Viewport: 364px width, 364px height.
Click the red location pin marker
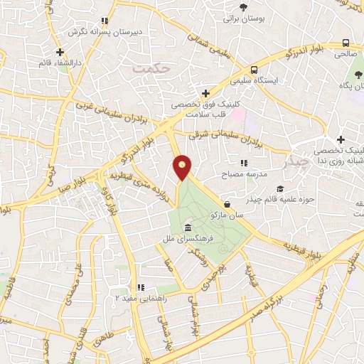pyautogui.click(x=183, y=168)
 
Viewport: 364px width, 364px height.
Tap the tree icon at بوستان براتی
pyautogui.click(x=245, y=8)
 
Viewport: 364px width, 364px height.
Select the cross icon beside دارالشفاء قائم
pyautogui.click(x=60, y=52)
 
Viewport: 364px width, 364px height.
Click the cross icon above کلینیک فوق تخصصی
pyautogui.click(x=205, y=92)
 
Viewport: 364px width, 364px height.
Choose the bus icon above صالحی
pyautogui.click(x=346, y=43)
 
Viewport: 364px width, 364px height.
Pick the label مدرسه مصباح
pyautogui.click(x=242, y=174)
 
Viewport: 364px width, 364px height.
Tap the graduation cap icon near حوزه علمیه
pyautogui.click(x=281, y=189)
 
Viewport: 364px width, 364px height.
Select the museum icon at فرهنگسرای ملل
pyautogui.click(x=188, y=227)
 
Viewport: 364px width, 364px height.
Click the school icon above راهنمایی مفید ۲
pyautogui.click(x=141, y=287)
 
